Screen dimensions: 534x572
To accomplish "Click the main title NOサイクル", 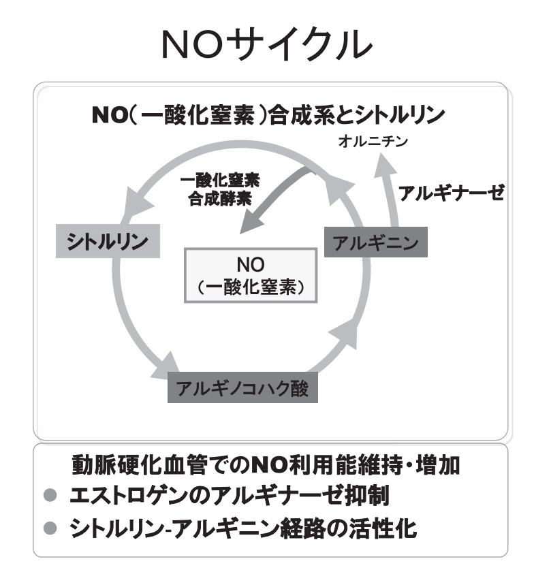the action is [x=266, y=45].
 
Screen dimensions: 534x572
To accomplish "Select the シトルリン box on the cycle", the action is [x=108, y=241].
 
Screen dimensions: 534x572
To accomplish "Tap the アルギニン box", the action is [x=375, y=242].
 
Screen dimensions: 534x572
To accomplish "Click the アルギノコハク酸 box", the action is [x=242, y=387].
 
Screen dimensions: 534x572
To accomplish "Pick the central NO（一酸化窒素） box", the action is [x=251, y=275].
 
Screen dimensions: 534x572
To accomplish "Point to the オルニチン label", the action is [x=373, y=141].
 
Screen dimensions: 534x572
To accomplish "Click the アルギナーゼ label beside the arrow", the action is [x=451, y=193].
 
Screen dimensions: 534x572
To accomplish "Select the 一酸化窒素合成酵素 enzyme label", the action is [x=220, y=189].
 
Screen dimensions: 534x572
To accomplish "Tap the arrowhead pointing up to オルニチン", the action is [x=384, y=165].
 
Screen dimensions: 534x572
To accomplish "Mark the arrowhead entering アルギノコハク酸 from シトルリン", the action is [x=166, y=366].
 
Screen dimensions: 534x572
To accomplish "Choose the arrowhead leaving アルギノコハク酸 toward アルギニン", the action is [x=344, y=333].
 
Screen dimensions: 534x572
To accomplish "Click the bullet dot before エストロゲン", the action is [x=50, y=496].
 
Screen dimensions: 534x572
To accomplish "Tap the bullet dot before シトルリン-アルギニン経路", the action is [x=50, y=528].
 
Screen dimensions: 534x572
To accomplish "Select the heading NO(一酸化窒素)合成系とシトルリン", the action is [x=268, y=114].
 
